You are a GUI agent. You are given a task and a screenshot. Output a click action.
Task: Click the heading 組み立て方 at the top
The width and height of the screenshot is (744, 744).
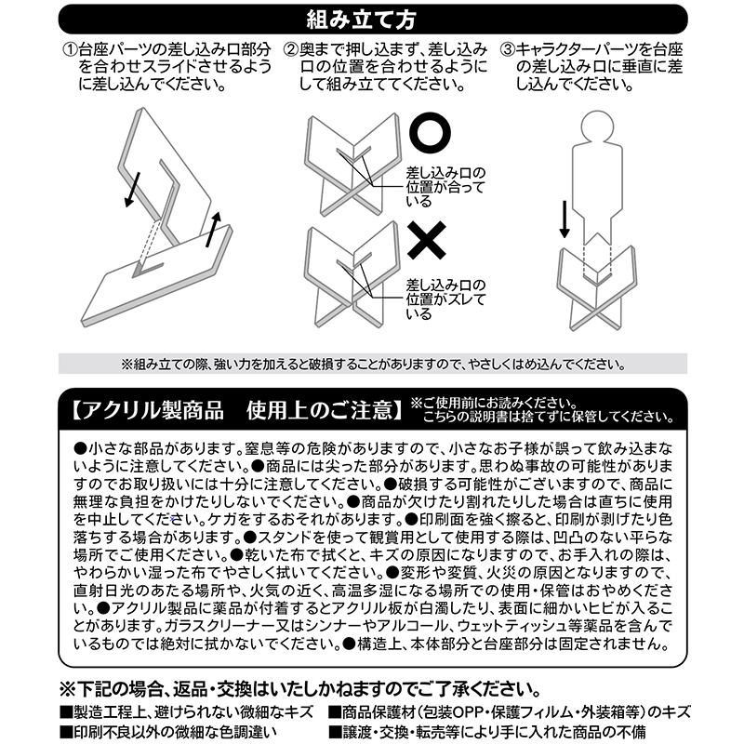point(372,17)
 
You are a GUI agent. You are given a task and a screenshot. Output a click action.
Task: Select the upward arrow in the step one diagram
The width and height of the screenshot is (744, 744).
point(215,229)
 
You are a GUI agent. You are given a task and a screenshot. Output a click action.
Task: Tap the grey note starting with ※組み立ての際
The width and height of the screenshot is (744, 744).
point(372,364)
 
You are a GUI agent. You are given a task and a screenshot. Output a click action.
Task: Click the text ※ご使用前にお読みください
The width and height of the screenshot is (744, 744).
point(483,402)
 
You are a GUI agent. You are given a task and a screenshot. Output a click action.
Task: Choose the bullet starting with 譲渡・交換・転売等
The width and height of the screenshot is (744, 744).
point(507,732)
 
